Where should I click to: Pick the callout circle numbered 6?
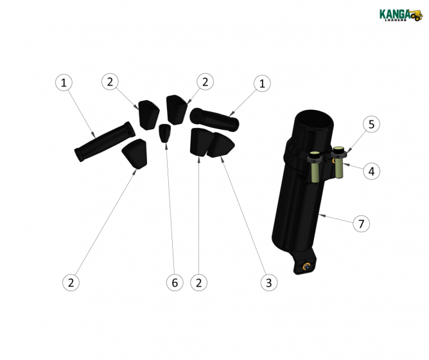(x=174, y=282)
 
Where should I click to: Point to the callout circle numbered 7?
(x=362, y=224)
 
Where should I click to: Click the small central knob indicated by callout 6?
(x=165, y=134)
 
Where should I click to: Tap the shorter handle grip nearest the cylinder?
(x=214, y=120)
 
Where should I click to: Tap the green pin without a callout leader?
(x=315, y=168)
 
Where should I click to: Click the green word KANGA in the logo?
(x=394, y=14)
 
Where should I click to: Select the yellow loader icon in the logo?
(x=417, y=15)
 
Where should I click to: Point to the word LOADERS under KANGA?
(x=394, y=21)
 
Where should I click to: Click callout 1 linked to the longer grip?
(x=63, y=82)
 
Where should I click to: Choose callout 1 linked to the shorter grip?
(x=261, y=83)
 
